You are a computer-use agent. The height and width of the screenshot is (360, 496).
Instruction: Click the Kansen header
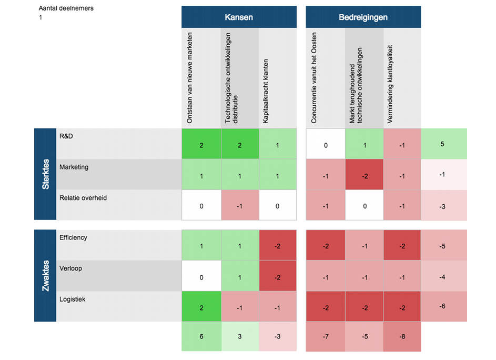click(x=239, y=17)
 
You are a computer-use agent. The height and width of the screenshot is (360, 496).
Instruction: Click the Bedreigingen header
click(x=363, y=17)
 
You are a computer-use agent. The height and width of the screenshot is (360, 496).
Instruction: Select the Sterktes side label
click(x=46, y=174)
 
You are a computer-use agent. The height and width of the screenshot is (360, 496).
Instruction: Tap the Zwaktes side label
click(x=46, y=275)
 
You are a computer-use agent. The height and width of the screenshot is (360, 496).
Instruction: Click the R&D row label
click(x=66, y=136)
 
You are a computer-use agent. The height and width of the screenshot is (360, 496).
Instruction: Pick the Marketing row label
click(x=74, y=167)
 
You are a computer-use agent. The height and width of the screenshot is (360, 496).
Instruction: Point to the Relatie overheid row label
click(x=84, y=198)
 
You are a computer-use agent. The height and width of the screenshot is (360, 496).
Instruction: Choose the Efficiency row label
click(x=74, y=237)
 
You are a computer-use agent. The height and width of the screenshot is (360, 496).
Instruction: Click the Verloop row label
click(x=71, y=268)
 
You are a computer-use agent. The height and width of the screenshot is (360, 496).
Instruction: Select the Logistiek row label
click(x=73, y=299)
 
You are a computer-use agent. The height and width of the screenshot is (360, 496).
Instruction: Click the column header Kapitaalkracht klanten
click(x=266, y=91)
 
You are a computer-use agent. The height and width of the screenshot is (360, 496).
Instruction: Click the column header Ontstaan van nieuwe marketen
click(x=190, y=78)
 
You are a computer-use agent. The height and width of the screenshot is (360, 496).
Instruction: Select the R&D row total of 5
click(x=442, y=143)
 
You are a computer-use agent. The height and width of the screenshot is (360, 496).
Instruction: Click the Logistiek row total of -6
click(x=442, y=306)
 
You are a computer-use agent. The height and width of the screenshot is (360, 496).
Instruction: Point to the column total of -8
click(x=402, y=337)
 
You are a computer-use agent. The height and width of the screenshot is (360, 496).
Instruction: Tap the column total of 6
click(x=201, y=337)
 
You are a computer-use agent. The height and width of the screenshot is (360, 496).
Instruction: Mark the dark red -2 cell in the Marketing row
click(x=364, y=176)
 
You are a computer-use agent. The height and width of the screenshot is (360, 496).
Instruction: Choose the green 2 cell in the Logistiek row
click(x=201, y=307)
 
